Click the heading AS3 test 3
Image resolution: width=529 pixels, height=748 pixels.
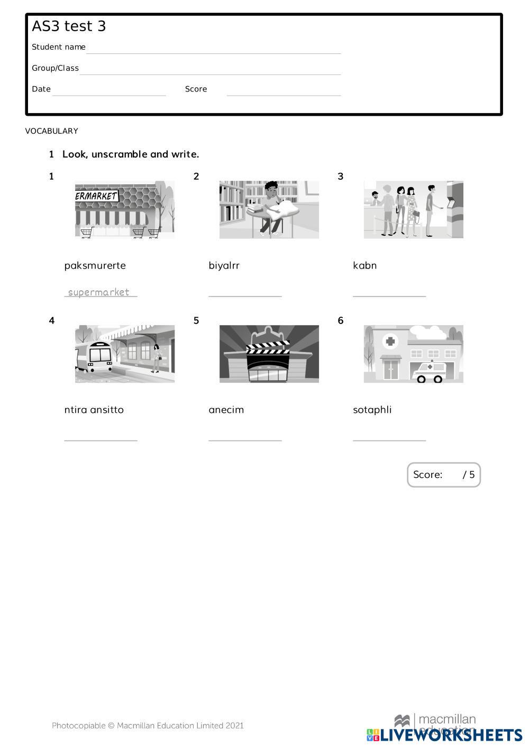(69, 26)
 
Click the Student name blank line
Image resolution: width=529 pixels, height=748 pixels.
(214, 53)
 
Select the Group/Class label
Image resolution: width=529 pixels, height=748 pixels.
(55, 68)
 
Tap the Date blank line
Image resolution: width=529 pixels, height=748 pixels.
(109, 96)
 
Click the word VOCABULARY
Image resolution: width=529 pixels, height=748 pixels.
(51, 131)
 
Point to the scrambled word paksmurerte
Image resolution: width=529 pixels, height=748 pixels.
(95, 266)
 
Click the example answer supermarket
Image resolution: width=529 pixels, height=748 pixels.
(98, 292)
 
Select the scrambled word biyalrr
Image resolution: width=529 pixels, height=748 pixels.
(224, 266)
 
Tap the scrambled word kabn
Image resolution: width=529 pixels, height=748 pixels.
(364, 265)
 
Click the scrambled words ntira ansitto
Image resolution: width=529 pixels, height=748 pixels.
(94, 410)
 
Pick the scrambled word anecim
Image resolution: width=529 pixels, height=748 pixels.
(226, 410)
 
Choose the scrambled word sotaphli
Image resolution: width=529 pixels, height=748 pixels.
(372, 410)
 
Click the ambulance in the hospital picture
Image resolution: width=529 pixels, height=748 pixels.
(428, 372)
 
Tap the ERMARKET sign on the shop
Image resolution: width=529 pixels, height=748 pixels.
(97, 196)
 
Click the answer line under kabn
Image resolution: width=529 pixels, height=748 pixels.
(389, 296)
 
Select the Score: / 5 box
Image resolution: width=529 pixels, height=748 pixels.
(444, 475)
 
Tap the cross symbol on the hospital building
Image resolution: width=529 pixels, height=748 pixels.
(390, 341)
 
